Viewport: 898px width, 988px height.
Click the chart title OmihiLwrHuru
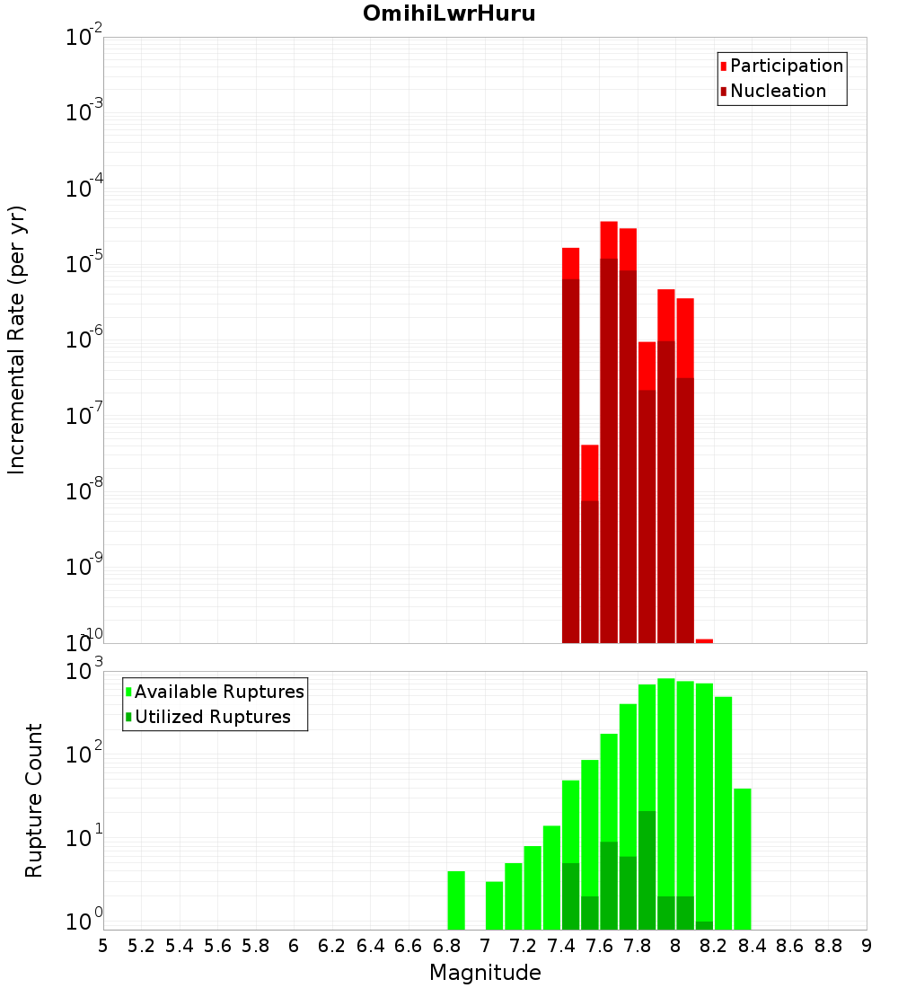449,13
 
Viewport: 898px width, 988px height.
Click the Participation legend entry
786,66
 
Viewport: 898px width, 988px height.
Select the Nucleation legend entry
778,91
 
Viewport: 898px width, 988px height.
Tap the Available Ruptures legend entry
219,692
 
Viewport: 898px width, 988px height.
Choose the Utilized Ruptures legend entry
212,717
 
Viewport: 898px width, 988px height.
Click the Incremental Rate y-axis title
17,340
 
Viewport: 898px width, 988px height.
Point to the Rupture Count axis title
34,800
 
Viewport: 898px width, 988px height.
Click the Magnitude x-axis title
485,973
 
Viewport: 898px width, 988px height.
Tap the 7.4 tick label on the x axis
561,946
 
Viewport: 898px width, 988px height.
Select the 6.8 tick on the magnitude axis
446,946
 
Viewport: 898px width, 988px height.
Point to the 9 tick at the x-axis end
867,946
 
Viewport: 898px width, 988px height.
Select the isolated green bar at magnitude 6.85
456,900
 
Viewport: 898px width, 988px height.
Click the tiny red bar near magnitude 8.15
704,640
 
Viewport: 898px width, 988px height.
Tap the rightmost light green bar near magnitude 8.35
743,859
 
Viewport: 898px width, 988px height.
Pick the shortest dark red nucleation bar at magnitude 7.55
589,571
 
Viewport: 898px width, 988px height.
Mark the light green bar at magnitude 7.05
494,905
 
